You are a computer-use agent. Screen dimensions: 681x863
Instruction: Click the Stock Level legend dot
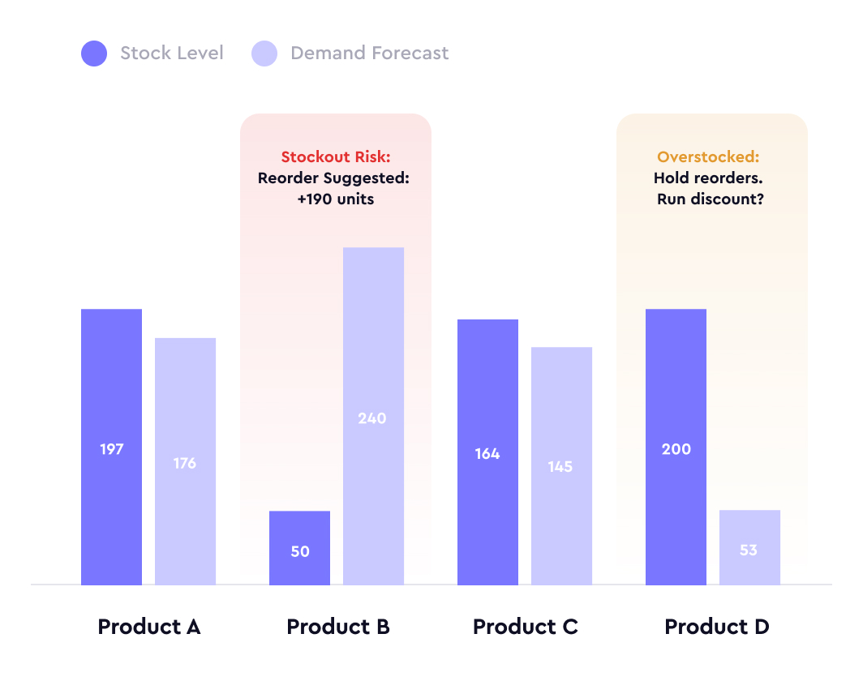click(x=94, y=54)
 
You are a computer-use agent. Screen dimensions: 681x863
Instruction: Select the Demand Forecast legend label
click(x=369, y=54)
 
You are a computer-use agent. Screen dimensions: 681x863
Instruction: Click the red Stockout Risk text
click(x=336, y=157)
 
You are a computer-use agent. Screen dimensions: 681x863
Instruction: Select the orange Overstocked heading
click(x=708, y=157)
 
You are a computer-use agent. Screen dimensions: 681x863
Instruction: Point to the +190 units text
click(x=336, y=199)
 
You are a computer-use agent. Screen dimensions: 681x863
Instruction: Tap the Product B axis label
click(x=338, y=627)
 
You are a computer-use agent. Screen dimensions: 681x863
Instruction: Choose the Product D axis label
click(x=716, y=627)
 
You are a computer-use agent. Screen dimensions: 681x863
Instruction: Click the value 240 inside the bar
click(x=372, y=418)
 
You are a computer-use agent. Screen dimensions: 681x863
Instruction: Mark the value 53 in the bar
click(x=749, y=550)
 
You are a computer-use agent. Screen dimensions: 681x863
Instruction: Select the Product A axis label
click(x=148, y=627)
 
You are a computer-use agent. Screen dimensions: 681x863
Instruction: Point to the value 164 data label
click(x=487, y=454)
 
